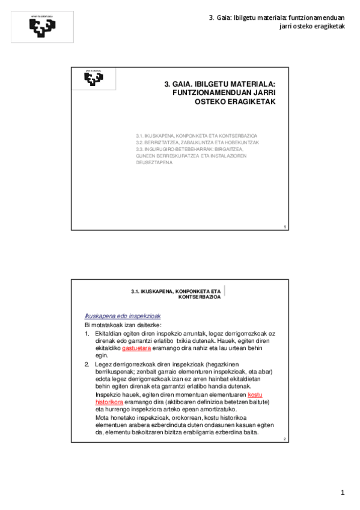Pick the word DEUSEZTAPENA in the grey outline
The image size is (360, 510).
[154, 162]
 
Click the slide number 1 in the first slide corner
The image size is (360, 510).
[284, 226]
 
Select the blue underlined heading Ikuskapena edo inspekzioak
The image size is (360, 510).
[123, 316]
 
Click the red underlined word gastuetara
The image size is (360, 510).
[136, 348]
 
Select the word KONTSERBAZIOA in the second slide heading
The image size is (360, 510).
[200, 298]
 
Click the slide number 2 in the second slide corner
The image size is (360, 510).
[284, 440]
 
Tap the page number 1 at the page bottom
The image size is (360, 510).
[343, 493]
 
